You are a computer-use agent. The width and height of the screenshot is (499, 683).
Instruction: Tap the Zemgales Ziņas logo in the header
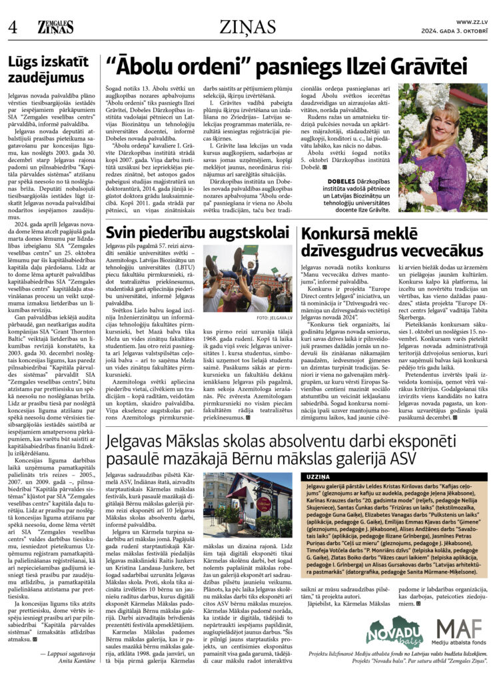click(55, 27)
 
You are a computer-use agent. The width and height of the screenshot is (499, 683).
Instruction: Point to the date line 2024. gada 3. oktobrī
click(455, 31)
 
